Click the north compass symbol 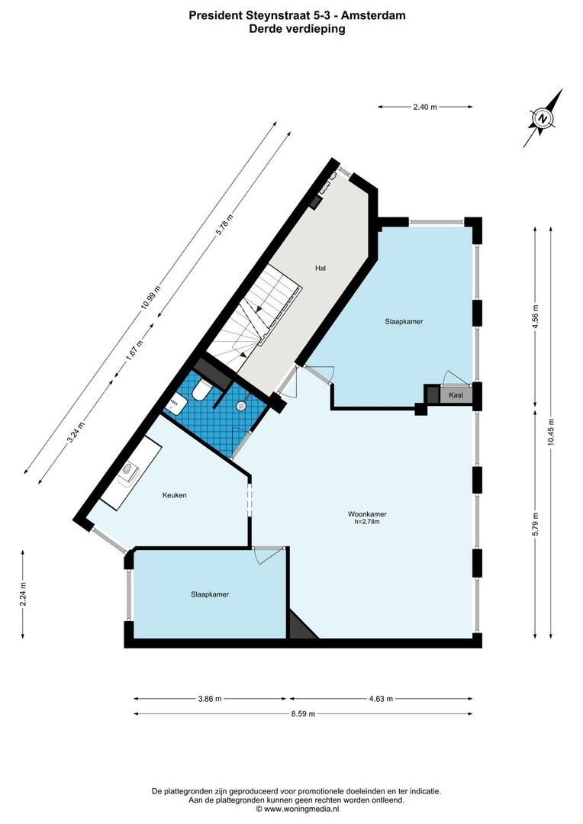click(x=543, y=118)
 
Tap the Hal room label click(x=321, y=268)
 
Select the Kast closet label click(x=456, y=394)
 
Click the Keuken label click(x=174, y=495)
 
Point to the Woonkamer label click(x=366, y=513)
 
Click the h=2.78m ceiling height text click(x=366, y=522)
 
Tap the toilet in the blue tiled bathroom click(x=201, y=391)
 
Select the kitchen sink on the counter click(x=128, y=473)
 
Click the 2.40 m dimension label click(x=425, y=108)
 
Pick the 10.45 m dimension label click(x=551, y=433)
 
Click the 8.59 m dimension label click(x=303, y=714)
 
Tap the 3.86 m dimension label click(x=209, y=698)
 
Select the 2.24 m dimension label click(x=24, y=595)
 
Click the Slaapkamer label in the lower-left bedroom click(x=210, y=594)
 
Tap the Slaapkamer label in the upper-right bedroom click(x=404, y=322)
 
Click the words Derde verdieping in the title click(x=297, y=29)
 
